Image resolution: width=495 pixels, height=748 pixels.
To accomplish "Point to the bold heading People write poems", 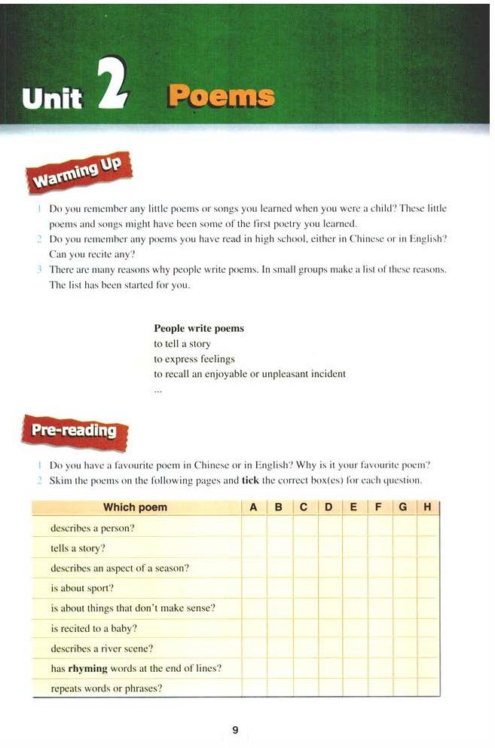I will coord(199,329).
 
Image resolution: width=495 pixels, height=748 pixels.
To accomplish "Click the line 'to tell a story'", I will coord(182,344).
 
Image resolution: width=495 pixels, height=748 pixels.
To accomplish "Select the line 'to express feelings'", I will coord(194,359).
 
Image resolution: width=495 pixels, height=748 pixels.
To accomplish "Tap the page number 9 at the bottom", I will coord(235,729).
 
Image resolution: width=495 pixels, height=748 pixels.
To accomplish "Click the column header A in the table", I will coord(254,507).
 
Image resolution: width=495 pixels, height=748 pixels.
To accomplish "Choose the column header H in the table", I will coord(428,507).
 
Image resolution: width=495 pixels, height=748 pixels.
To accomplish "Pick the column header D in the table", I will coord(328,507).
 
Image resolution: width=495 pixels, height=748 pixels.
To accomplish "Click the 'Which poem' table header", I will coord(135,507).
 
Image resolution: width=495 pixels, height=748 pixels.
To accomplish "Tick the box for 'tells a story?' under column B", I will coord(279,547).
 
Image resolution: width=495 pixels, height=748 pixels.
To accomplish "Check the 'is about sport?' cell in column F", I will coord(379,588).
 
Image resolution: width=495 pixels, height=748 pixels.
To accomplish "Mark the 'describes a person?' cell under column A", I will coord(254,528).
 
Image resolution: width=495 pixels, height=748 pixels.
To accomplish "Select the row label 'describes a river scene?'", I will coord(105,648).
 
